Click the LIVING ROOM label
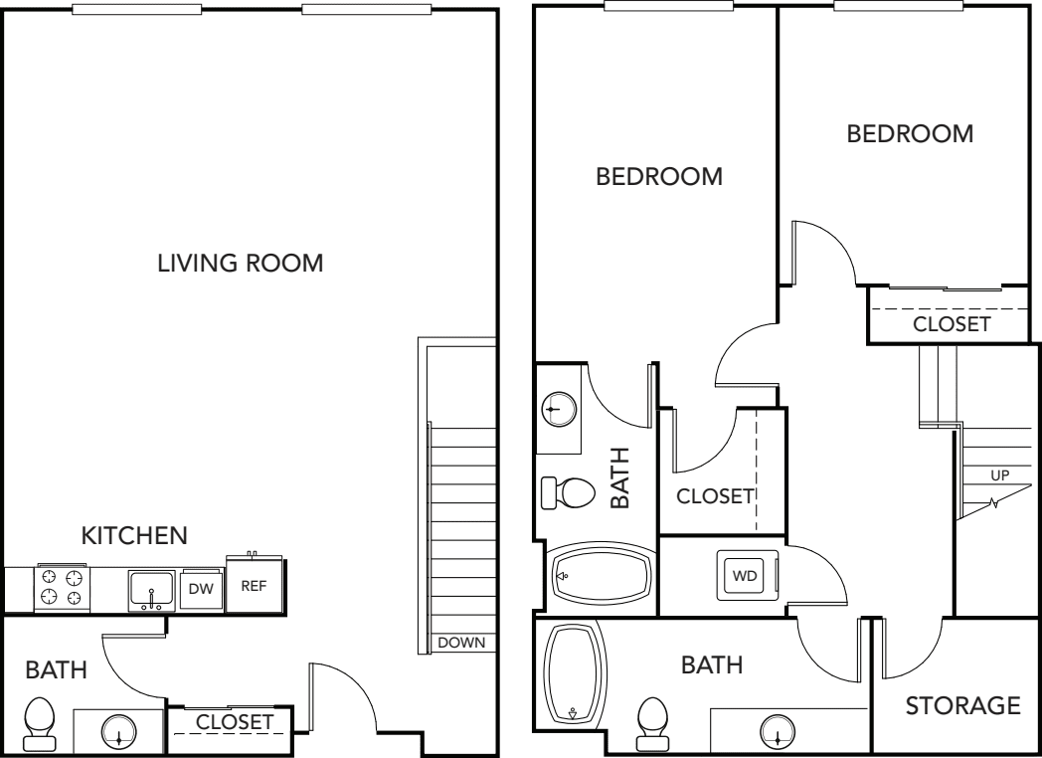(240, 264)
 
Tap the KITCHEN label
(134, 536)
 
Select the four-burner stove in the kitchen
(62, 588)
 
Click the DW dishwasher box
(201, 589)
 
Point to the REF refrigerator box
(254, 585)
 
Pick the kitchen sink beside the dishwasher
(152, 590)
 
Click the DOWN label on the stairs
(461, 643)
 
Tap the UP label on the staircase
(999, 475)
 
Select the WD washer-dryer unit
(746, 575)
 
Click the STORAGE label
(962, 705)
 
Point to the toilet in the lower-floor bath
(39, 724)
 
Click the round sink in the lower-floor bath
(119, 731)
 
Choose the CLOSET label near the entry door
(234, 722)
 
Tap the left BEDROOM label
(659, 177)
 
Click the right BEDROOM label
(910, 134)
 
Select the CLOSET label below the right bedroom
(952, 324)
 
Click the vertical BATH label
(620, 477)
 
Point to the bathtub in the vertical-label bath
(603, 576)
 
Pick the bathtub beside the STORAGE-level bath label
(574, 672)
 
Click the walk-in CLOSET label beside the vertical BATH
(715, 496)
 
